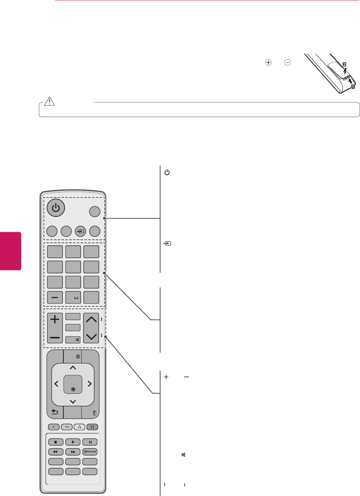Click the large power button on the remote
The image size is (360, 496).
coord(56,207)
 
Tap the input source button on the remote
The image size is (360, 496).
coord(80,231)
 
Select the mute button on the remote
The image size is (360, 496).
coord(73,340)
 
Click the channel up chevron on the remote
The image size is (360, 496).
coord(91,319)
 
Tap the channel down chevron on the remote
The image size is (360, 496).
coord(91,337)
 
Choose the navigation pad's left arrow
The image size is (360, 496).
coord(56,384)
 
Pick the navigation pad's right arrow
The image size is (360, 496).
coord(90,384)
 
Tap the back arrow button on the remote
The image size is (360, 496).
coord(55,412)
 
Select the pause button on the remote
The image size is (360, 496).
coord(90,442)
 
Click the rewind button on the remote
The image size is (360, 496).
coord(55,452)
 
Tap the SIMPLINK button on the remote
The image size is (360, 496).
coord(90,452)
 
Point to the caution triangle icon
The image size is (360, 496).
coord(49,101)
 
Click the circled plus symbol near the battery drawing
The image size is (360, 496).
coord(268,63)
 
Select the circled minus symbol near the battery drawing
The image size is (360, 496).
coord(288,63)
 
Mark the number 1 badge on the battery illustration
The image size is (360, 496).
coord(353,87)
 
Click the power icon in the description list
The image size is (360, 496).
coord(167,173)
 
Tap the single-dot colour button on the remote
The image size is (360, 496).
coord(54,427)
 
